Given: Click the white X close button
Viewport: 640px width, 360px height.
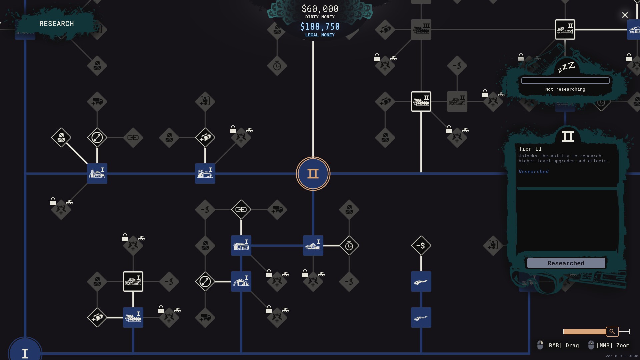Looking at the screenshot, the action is pos(625,15).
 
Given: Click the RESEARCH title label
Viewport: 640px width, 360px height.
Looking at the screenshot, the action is pos(57,24).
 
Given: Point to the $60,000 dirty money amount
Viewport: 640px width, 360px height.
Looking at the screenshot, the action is pos(320,9).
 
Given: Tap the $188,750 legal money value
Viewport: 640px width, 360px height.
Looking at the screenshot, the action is pos(320,27).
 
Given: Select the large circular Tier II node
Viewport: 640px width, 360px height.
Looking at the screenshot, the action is pos(313,174).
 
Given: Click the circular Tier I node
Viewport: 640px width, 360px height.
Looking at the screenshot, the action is pos(25,352).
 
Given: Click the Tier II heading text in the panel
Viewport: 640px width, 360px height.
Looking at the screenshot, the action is pos(530,149).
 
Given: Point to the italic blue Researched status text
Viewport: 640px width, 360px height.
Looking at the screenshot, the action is pos(533,172).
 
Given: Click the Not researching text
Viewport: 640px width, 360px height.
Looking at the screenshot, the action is pos(565,89).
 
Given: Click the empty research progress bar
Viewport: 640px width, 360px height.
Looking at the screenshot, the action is pos(565,81).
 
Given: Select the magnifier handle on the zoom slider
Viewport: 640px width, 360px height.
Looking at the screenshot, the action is pos(612,331).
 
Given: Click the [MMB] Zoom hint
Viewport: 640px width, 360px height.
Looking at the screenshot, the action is pos(609,345).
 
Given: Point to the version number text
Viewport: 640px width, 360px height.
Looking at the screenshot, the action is pos(622,356).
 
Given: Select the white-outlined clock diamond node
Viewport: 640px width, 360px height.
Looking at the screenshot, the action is pos(349,246).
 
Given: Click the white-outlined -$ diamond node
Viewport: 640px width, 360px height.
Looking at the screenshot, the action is pos(421,246).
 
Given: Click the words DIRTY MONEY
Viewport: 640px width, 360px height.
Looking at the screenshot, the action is pos(320,17).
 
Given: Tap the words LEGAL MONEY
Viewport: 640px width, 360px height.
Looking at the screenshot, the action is pos(320,35).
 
